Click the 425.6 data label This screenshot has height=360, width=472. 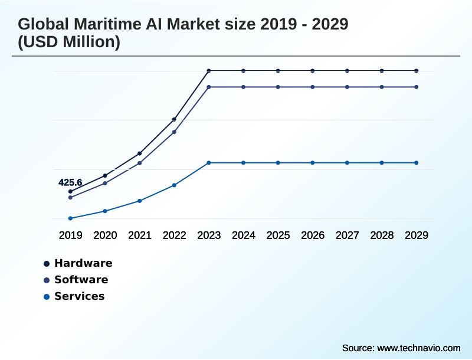(x=70, y=182)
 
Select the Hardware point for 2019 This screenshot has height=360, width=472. (x=70, y=192)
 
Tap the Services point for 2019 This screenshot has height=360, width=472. (x=70, y=218)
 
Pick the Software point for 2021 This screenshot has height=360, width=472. (x=139, y=163)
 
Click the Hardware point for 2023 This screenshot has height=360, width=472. (x=209, y=71)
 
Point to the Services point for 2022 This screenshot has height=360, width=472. (x=174, y=185)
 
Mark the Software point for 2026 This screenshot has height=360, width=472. (x=313, y=87)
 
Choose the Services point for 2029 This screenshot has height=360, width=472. (x=417, y=162)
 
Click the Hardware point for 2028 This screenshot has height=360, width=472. (x=382, y=71)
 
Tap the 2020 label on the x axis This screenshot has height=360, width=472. (x=105, y=235)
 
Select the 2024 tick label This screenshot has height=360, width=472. (x=243, y=235)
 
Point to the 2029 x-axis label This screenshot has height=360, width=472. (x=417, y=235)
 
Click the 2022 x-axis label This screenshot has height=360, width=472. (x=174, y=235)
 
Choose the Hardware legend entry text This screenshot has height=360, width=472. (x=83, y=263)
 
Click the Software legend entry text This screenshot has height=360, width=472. (x=81, y=280)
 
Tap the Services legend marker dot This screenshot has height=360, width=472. (x=46, y=297)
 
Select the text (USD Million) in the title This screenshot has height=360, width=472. (x=69, y=42)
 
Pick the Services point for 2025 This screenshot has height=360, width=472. (x=278, y=162)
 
